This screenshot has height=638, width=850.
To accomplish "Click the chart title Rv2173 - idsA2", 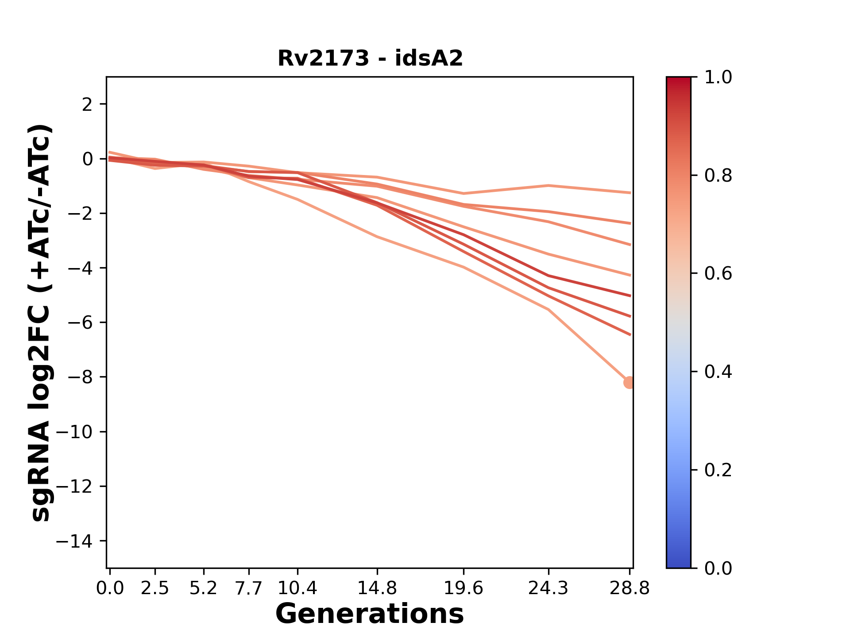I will point(370,58).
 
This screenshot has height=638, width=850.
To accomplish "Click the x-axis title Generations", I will point(370,614).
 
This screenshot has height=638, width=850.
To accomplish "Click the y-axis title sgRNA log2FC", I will point(41,323).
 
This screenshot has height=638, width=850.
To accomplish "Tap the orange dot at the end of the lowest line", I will point(629,382).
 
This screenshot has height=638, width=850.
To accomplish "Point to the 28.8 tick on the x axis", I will point(630,588).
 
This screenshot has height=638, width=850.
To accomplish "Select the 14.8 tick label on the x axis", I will point(377,588).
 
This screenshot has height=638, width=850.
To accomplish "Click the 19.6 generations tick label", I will point(464,588).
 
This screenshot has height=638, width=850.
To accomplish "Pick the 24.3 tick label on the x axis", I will point(549,588).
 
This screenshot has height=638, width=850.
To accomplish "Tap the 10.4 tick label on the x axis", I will point(297,588).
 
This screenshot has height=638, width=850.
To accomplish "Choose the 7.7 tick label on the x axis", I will point(249,588).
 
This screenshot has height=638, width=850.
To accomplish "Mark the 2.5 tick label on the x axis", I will point(155,588).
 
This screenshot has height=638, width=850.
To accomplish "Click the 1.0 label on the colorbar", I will point(718,78).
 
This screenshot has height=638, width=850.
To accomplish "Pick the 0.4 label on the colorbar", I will point(718,372).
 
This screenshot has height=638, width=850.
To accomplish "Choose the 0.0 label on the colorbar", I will point(718,568).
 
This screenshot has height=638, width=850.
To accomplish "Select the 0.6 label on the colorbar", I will point(718,274).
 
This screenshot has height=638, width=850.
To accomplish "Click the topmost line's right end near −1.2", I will point(629,193).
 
